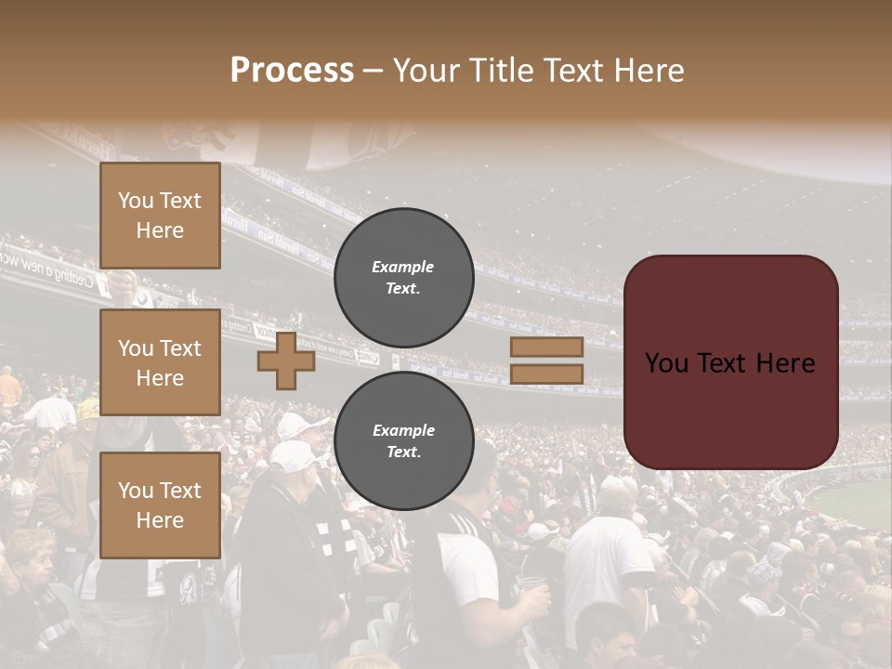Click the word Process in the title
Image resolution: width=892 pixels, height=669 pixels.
click(292, 71)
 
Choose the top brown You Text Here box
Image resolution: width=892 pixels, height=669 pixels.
click(160, 216)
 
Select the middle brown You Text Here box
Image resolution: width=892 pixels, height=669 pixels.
click(160, 362)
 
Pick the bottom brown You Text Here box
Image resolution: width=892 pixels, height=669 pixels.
click(160, 505)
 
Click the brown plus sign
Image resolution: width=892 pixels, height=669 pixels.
click(286, 361)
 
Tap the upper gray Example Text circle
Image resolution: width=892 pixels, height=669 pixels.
click(403, 278)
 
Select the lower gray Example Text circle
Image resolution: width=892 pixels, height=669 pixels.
click(403, 441)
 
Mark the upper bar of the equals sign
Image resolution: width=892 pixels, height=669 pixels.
click(546, 347)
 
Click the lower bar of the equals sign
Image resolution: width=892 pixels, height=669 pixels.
click(546, 374)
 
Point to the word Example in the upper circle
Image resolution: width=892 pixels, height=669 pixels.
click(403, 267)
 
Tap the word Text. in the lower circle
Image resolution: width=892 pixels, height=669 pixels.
click(403, 453)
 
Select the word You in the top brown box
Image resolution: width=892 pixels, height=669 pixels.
click(135, 201)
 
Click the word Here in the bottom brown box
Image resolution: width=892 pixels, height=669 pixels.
click(160, 520)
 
